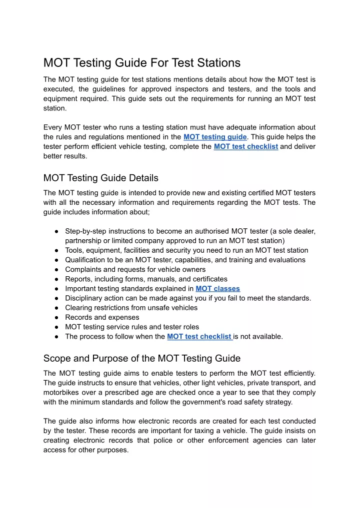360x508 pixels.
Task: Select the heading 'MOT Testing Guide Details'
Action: tap(101, 178)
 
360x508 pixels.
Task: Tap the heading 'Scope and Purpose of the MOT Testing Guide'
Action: tap(142, 358)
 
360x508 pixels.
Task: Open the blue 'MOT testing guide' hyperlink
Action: tap(215, 137)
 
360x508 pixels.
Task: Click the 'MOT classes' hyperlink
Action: tap(217, 289)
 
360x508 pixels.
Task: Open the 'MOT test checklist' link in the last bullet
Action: tap(199, 337)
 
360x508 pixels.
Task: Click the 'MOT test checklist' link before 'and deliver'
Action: tap(245, 147)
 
